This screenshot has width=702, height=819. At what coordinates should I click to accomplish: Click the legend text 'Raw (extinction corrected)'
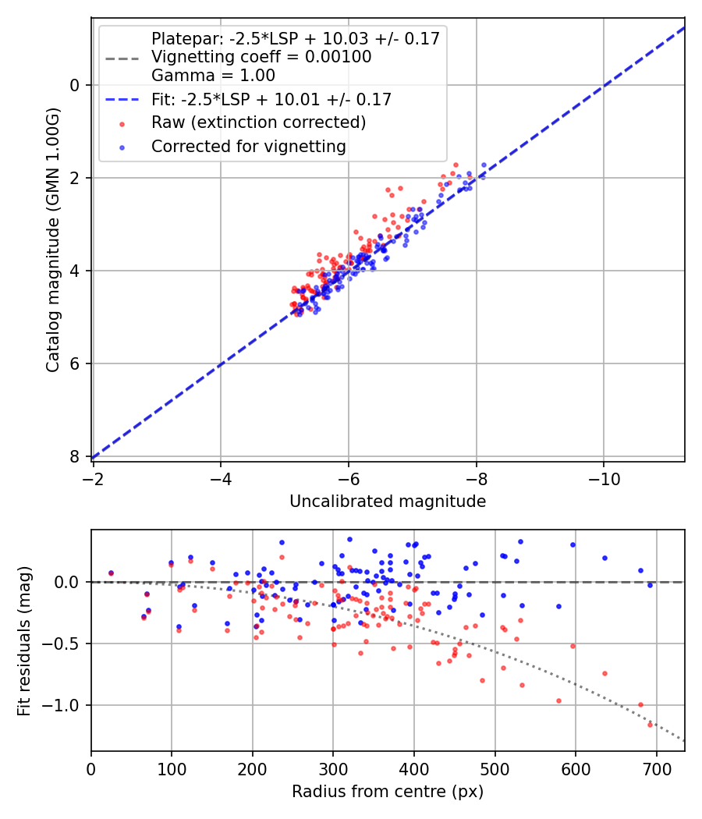(258, 122)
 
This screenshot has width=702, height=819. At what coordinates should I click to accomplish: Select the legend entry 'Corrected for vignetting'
(249, 146)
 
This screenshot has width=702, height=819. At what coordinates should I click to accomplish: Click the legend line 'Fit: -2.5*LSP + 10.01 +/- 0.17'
(122, 99)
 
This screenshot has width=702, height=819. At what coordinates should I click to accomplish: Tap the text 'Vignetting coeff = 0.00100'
(261, 57)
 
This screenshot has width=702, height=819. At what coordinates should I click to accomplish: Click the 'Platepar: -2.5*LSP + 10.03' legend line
(122, 57)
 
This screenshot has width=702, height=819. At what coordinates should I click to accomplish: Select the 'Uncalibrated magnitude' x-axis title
(388, 502)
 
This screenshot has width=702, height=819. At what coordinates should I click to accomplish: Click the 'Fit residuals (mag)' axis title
(24, 640)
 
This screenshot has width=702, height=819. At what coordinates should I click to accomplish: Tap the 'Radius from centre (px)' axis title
(388, 792)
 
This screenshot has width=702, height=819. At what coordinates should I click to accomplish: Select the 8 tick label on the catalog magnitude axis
(76, 456)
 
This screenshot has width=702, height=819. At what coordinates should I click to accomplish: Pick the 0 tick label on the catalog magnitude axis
(76, 85)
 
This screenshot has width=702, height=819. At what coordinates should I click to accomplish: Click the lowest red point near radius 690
(650, 725)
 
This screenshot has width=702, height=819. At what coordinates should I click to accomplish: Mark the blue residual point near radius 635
(604, 558)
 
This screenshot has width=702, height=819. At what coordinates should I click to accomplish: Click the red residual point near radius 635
(604, 673)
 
